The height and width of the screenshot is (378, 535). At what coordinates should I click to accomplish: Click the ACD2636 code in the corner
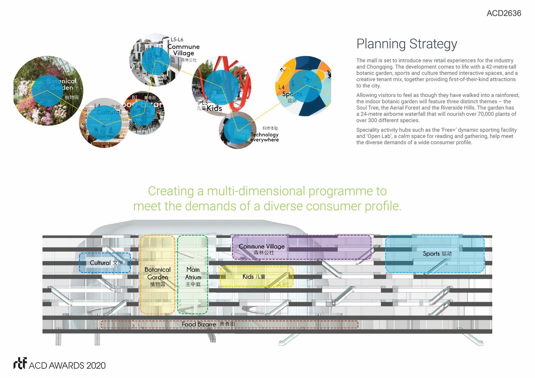pyautogui.click(x=503, y=13)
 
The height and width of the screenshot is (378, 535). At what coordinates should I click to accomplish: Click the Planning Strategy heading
pyautogui.click(x=406, y=44)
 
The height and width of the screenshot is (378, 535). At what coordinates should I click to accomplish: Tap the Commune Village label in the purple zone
pyautogui.click(x=261, y=247)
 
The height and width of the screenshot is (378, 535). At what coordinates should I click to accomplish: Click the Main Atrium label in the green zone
pyautogui.click(x=193, y=273)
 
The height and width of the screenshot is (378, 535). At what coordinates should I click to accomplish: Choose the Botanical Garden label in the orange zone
pyautogui.click(x=158, y=273)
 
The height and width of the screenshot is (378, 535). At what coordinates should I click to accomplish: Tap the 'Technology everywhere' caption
pyautogui.click(x=264, y=137)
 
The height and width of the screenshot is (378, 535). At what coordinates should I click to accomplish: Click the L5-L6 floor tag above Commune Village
pyautogui.click(x=177, y=39)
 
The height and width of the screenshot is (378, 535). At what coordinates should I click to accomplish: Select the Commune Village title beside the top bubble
pyautogui.click(x=184, y=50)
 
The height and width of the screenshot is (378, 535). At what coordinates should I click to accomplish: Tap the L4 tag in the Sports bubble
pyautogui.click(x=282, y=87)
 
